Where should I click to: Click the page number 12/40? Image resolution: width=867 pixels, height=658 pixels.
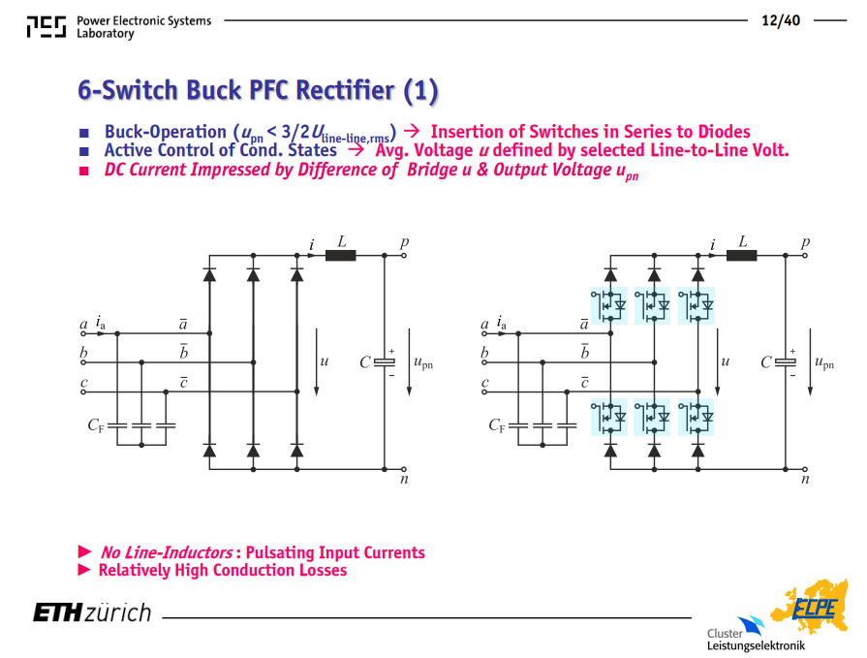780,20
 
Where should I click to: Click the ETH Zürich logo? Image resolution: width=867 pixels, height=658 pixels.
92,612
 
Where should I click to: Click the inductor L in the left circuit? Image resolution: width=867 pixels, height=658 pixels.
340,256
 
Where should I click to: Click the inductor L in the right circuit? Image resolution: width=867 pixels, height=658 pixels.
741,256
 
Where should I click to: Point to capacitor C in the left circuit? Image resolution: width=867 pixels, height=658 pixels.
385,362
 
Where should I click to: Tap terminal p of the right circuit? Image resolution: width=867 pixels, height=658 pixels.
805,256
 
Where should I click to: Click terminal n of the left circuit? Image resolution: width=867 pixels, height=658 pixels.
404,469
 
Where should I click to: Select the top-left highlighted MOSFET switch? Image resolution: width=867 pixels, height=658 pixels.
608,305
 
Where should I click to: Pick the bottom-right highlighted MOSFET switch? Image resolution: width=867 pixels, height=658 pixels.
697,417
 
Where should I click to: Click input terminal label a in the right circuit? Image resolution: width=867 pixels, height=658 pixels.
485,325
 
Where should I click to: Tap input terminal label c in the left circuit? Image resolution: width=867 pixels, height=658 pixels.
84,382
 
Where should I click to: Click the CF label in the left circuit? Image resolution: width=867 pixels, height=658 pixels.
96,425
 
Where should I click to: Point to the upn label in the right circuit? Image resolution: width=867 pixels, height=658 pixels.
823,362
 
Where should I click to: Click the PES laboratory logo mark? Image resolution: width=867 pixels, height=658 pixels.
46,26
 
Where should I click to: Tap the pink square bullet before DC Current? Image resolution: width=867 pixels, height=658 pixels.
84,171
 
